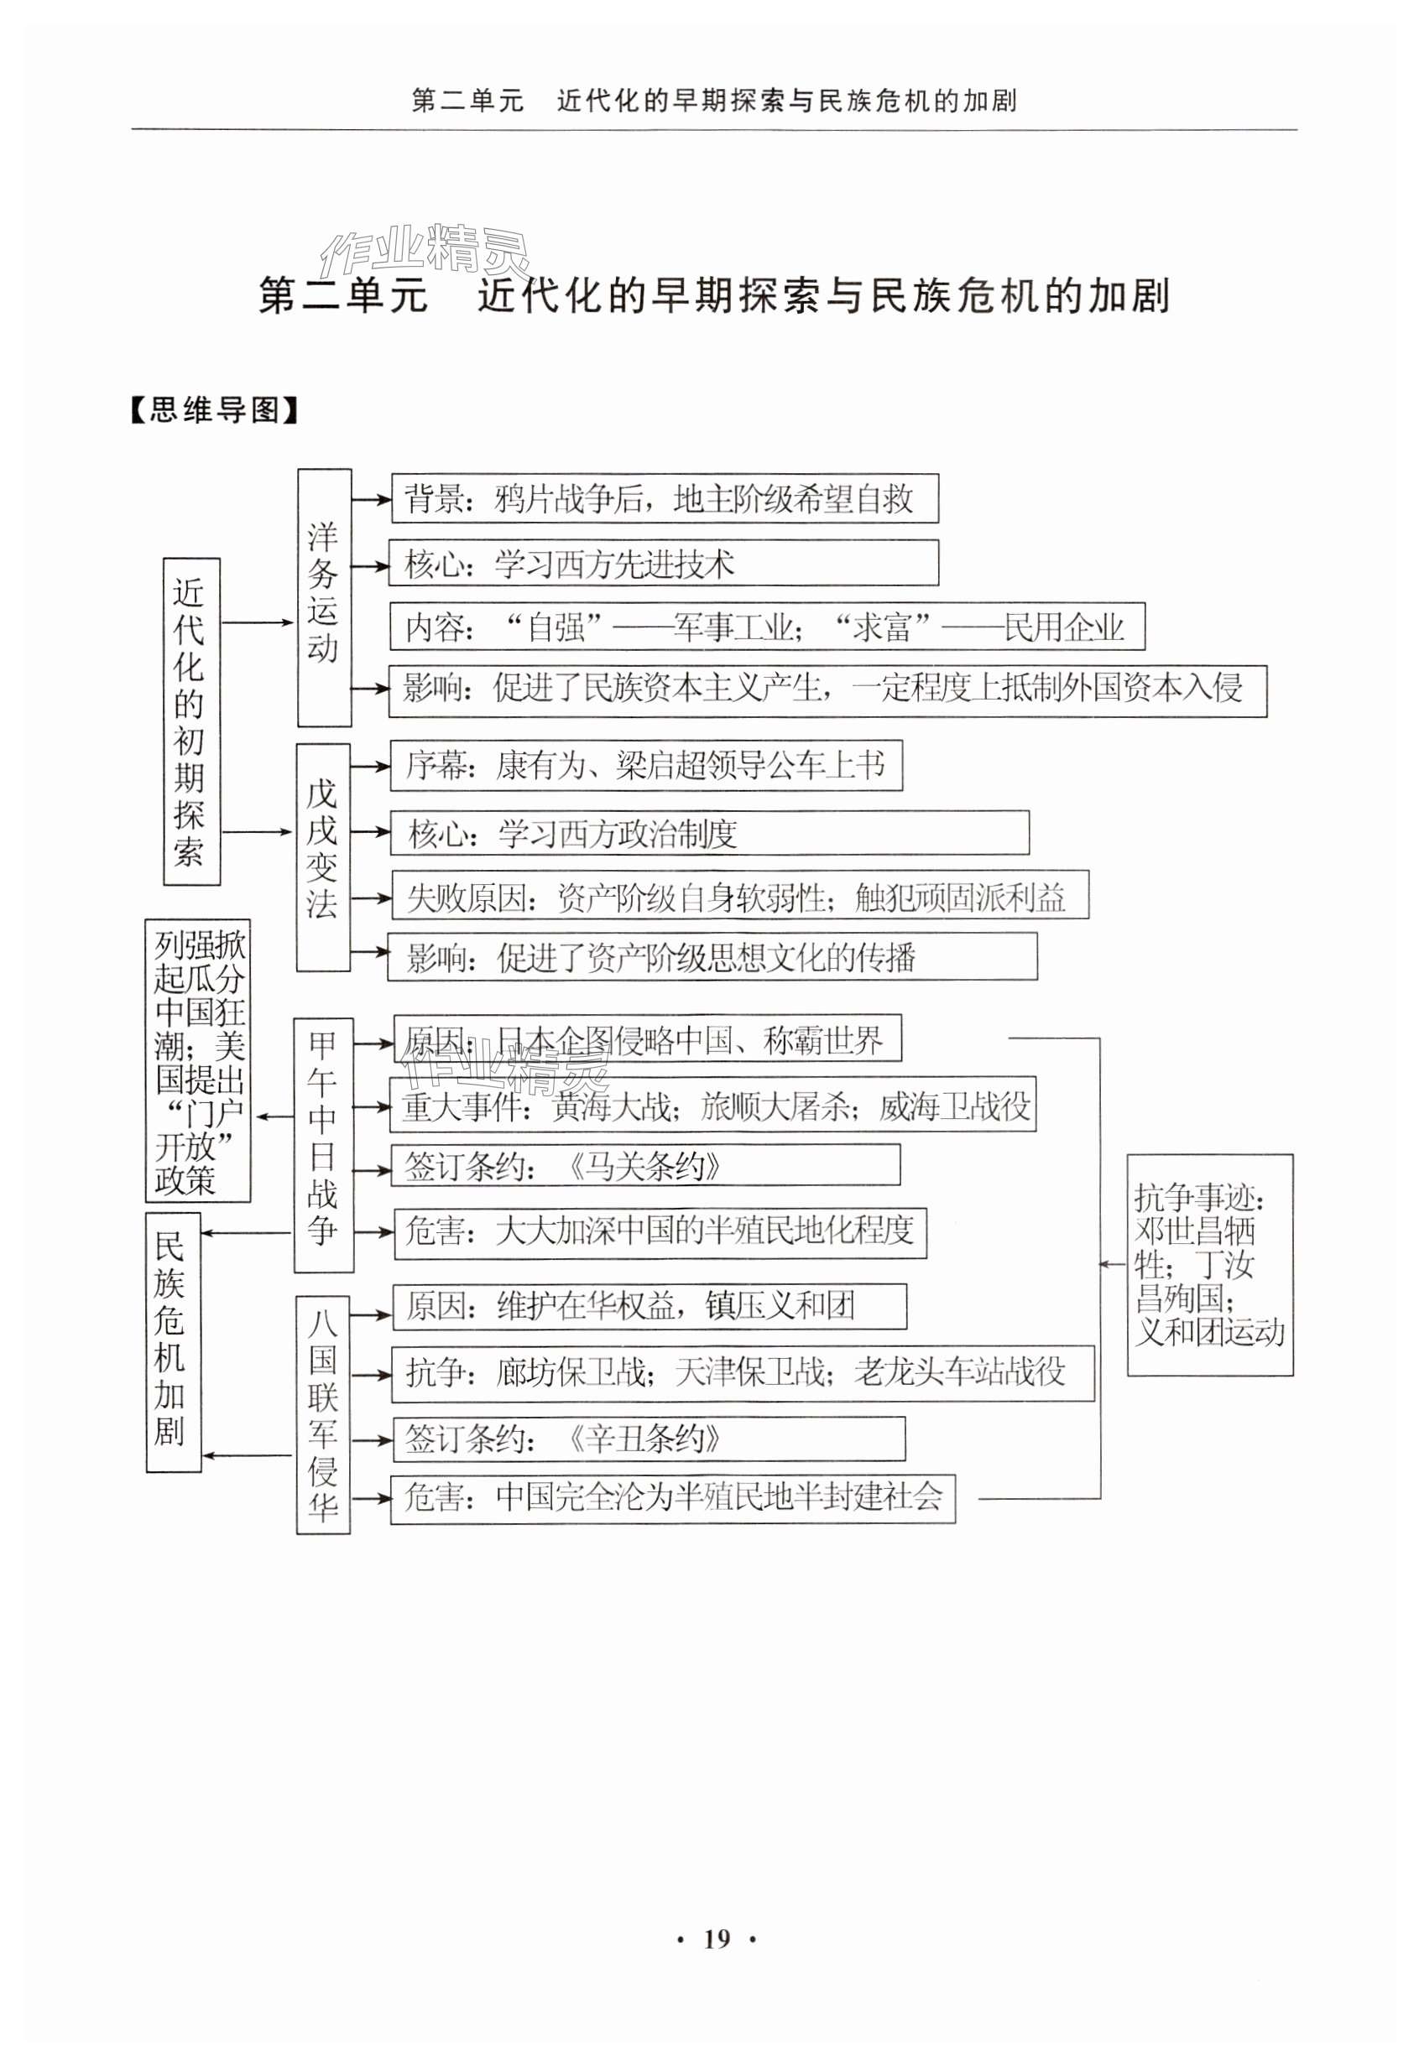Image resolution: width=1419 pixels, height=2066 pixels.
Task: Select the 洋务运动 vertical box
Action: (x=324, y=597)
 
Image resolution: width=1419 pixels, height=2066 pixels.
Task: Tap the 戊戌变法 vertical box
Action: (x=322, y=857)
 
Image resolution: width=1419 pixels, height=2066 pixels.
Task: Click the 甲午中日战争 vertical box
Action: (x=323, y=1144)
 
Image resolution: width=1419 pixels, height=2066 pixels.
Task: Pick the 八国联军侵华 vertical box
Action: (x=323, y=1414)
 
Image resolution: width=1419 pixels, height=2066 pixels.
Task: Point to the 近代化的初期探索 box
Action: (x=191, y=721)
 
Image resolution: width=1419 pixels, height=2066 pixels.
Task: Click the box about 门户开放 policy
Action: (x=198, y=1060)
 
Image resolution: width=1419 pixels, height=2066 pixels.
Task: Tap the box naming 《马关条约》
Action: (x=645, y=1165)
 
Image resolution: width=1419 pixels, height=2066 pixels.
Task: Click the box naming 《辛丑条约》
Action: (x=648, y=1439)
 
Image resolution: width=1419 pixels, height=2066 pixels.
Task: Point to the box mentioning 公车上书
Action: (x=646, y=765)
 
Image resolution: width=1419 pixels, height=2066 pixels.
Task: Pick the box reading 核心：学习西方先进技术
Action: (x=663, y=564)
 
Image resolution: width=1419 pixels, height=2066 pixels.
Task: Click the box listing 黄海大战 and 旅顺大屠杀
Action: (x=713, y=1106)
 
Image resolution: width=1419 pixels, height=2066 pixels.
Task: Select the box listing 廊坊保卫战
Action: (x=743, y=1372)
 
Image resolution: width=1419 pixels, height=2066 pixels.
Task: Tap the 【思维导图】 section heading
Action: (x=213, y=411)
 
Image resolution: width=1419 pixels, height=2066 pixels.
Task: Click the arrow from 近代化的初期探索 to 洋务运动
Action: (x=258, y=622)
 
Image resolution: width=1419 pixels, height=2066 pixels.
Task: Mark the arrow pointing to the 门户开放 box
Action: (x=272, y=1116)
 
